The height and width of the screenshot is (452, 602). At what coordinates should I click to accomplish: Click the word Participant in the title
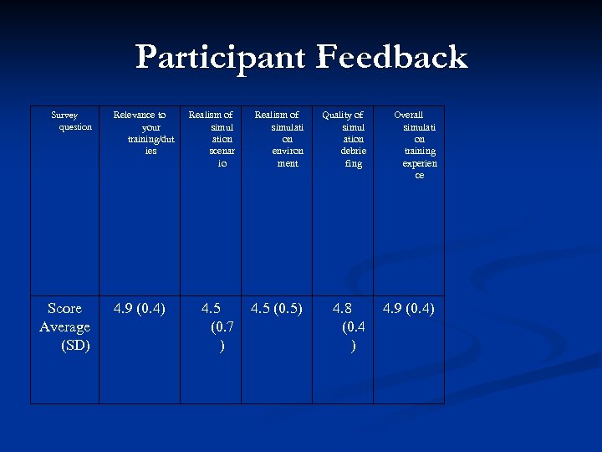220,58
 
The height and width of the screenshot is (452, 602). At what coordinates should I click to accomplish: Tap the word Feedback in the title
391,58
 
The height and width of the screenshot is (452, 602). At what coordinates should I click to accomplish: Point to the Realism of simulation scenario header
211,139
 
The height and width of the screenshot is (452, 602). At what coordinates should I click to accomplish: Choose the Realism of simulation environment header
277,139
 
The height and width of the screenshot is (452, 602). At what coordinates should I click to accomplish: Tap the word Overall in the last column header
409,115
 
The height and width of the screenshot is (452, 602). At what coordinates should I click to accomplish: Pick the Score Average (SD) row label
64,326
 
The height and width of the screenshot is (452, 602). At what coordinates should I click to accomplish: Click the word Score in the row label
64,309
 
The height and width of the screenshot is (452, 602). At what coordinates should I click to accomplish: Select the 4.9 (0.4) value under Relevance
140,309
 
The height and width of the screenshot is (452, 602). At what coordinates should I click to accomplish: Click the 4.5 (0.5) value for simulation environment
277,309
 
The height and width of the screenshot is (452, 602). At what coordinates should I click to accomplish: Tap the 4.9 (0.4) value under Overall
409,309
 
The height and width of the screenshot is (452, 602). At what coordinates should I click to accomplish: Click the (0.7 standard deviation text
222,327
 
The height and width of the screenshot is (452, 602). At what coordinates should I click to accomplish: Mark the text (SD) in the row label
75,345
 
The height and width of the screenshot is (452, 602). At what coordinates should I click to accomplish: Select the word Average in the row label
64,326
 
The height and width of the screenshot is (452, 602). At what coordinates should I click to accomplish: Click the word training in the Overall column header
420,151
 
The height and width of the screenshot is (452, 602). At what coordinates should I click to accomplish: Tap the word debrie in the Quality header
354,151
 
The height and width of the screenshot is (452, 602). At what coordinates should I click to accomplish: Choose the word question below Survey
75,126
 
